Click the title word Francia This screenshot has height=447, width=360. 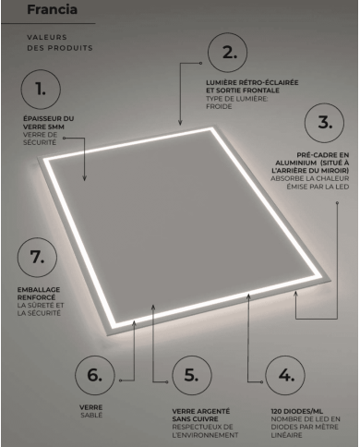click(x=52, y=9)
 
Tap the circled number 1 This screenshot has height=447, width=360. click(x=41, y=90)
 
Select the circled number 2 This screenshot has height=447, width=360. click(x=227, y=53)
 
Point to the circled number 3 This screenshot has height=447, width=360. click(x=324, y=123)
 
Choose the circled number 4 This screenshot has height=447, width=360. click(x=285, y=375)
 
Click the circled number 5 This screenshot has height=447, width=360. click(x=192, y=375)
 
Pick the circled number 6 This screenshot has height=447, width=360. click(x=95, y=375)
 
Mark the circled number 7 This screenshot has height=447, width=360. click(x=37, y=257)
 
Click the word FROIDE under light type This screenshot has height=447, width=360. click(x=219, y=106)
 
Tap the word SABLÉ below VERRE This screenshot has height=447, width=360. click(x=91, y=415)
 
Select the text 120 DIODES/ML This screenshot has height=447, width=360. click(x=297, y=411)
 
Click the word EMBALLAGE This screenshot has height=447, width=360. click(x=39, y=290)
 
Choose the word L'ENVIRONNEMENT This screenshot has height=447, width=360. click(x=205, y=435)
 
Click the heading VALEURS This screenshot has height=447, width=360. click(x=47, y=37)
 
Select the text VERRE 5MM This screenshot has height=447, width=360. click(x=43, y=127)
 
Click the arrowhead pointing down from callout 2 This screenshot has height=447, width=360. click(x=180, y=123)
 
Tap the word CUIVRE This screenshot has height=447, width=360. click(x=206, y=419)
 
